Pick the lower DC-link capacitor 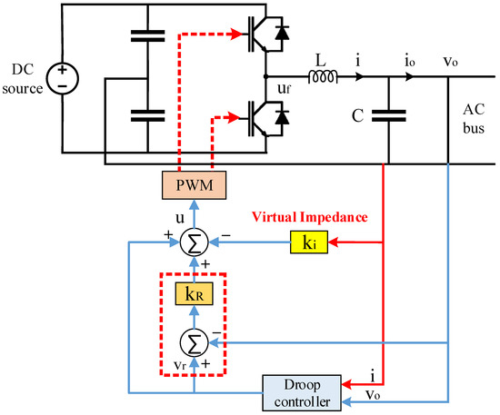tap(144, 115)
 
